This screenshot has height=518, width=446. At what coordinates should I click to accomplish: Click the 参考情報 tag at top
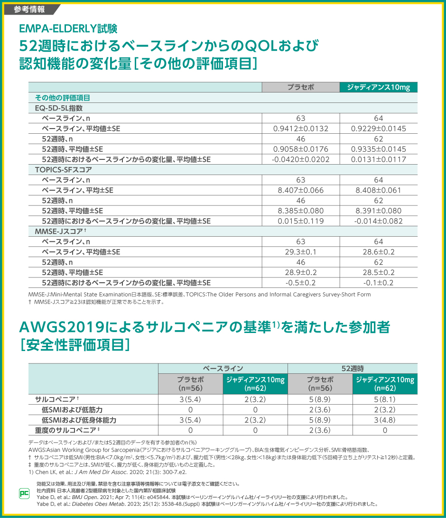tap(29, 9)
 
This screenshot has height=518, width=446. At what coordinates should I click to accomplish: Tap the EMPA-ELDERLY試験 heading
tap(68, 29)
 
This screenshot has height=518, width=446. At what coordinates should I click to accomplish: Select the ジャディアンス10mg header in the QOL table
tap(378, 87)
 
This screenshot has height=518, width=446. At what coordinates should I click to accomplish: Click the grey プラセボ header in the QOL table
tap(301, 87)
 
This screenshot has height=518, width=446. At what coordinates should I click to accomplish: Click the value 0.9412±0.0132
tap(301, 129)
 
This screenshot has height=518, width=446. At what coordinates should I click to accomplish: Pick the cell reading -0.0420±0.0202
tap(301, 159)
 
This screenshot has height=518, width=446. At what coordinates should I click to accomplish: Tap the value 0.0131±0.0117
tap(378, 159)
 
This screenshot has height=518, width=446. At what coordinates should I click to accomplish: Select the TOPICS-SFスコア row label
tap(64, 169)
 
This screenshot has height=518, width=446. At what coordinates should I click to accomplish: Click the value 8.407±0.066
tap(301, 190)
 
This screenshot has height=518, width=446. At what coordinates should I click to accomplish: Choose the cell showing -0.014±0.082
tap(378, 221)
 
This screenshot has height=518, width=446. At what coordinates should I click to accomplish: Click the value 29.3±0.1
tap(301, 252)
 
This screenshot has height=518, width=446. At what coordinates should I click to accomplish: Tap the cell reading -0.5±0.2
tap(301, 283)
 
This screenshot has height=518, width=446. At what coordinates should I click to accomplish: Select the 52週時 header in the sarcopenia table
tap(353, 369)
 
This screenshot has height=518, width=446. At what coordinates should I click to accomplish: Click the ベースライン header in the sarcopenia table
tap(223, 369)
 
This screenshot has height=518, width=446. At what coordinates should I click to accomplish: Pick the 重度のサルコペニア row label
tap(65, 430)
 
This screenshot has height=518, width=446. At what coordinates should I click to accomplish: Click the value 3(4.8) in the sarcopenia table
tap(385, 420)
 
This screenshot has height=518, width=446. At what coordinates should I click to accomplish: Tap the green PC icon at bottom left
tap(24, 493)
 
